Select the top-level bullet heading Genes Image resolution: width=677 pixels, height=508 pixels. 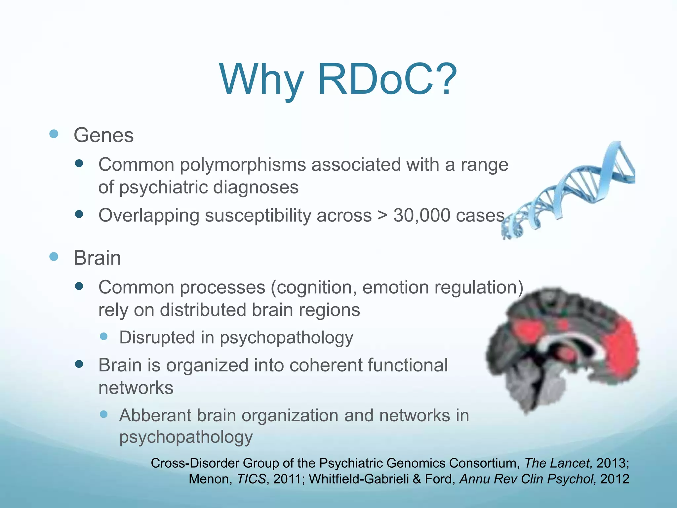(x=103, y=135)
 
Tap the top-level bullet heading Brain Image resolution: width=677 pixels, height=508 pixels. (x=97, y=258)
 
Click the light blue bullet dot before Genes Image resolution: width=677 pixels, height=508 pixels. (x=54, y=134)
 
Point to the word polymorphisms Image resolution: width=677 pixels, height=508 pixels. (x=243, y=165)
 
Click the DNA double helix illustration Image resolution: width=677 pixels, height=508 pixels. (x=569, y=192)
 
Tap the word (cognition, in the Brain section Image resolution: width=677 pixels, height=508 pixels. (x=314, y=287)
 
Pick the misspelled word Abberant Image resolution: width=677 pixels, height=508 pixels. (x=155, y=415)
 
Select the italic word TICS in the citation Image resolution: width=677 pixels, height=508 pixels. (x=252, y=479)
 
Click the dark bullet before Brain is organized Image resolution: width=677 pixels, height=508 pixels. (x=79, y=364)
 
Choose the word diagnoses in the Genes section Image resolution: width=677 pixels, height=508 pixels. (x=256, y=188)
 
